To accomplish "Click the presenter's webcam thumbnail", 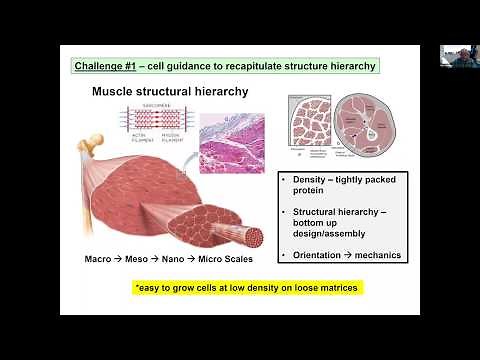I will click(x=454, y=56).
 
